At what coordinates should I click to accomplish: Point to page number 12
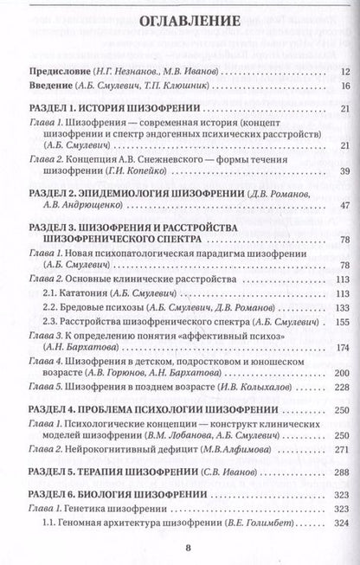pos(344,72)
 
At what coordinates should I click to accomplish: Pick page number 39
pos(344,172)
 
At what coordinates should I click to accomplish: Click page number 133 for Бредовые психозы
pos(342,307)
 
